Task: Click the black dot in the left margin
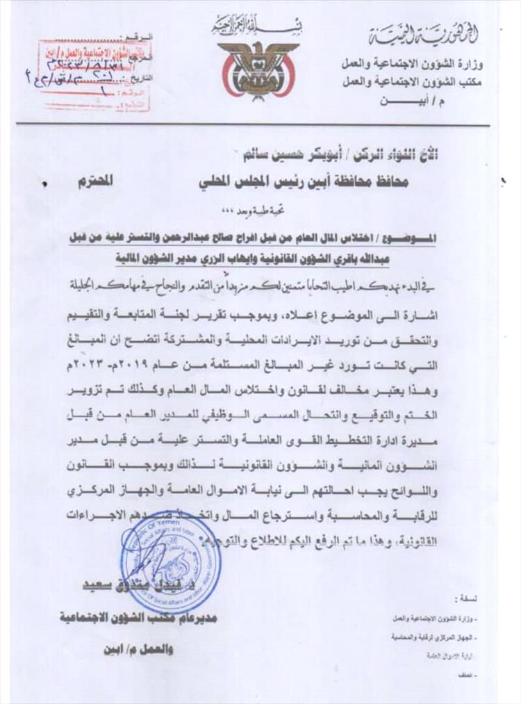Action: coord(45,185)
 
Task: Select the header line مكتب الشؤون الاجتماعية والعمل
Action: coord(423,81)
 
